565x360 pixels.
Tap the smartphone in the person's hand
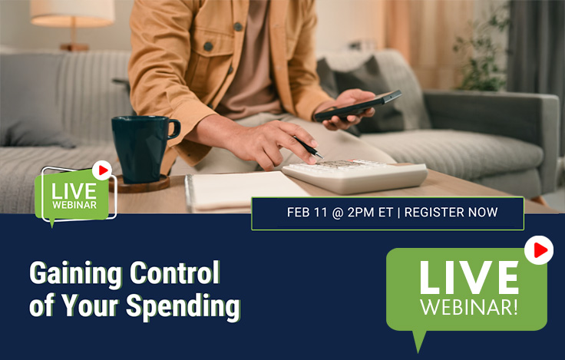click(x=357, y=105)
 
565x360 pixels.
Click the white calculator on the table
click(x=355, y=176)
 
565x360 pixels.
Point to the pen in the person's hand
click(x=309, y=148)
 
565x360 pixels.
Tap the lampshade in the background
click(x=72, y=12)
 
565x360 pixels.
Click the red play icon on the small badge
click(x=101, y=170)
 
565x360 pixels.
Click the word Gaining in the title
click(x=71, y=273)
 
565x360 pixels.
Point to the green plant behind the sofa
click(x=488, y=54)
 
